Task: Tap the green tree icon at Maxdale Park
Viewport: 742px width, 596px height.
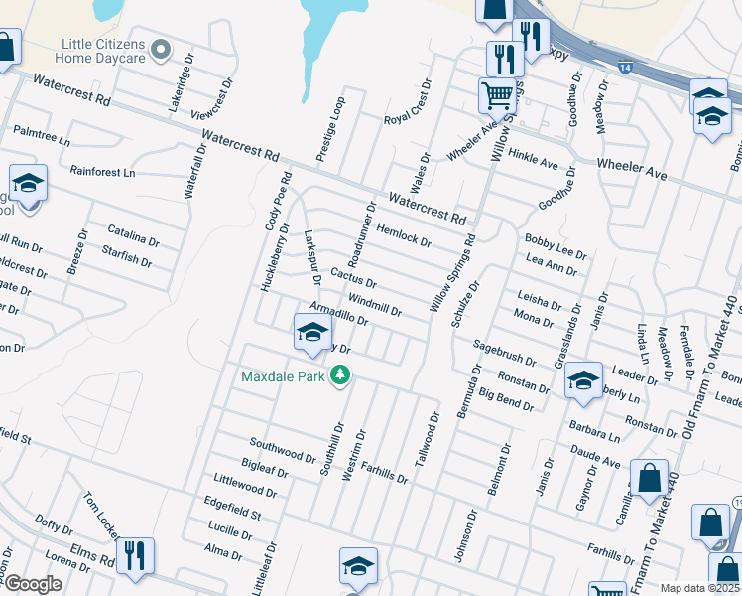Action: pos(341,374)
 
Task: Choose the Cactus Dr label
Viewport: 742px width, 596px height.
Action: pos(354,278)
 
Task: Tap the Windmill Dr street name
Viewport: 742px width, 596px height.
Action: pos(375,304)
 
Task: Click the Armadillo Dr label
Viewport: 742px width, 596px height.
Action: pos(339,314)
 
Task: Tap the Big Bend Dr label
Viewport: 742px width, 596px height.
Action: pos(513,398)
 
